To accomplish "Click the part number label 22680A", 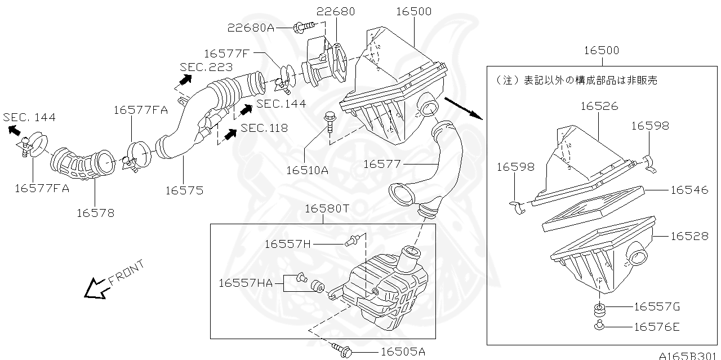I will click(251, 28).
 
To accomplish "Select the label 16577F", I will click(226, 53).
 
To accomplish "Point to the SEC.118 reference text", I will click(264, 128).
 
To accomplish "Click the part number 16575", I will click(184, 190).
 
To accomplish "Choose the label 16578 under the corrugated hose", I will click(95, 212).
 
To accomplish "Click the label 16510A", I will click(307, 170).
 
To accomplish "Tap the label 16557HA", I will click(246, 283).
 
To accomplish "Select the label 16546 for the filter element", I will click(689, 190).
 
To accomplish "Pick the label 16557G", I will click(657, 306).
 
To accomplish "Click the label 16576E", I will click(657, 326).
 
